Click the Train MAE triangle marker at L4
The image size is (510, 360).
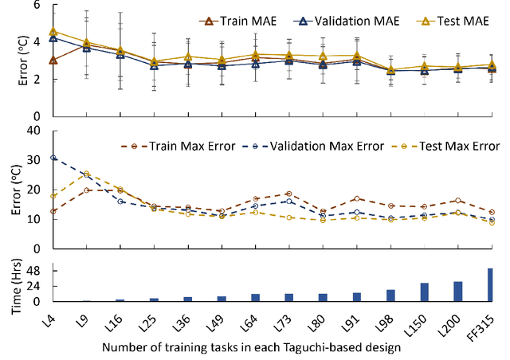(53, 60)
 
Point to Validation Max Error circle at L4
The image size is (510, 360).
(53, 158)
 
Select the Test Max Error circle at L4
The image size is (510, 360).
(53, 196)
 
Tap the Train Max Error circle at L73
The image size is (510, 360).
(288, 194)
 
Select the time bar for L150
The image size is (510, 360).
(424, 292)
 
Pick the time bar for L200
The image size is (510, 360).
(457, 292)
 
